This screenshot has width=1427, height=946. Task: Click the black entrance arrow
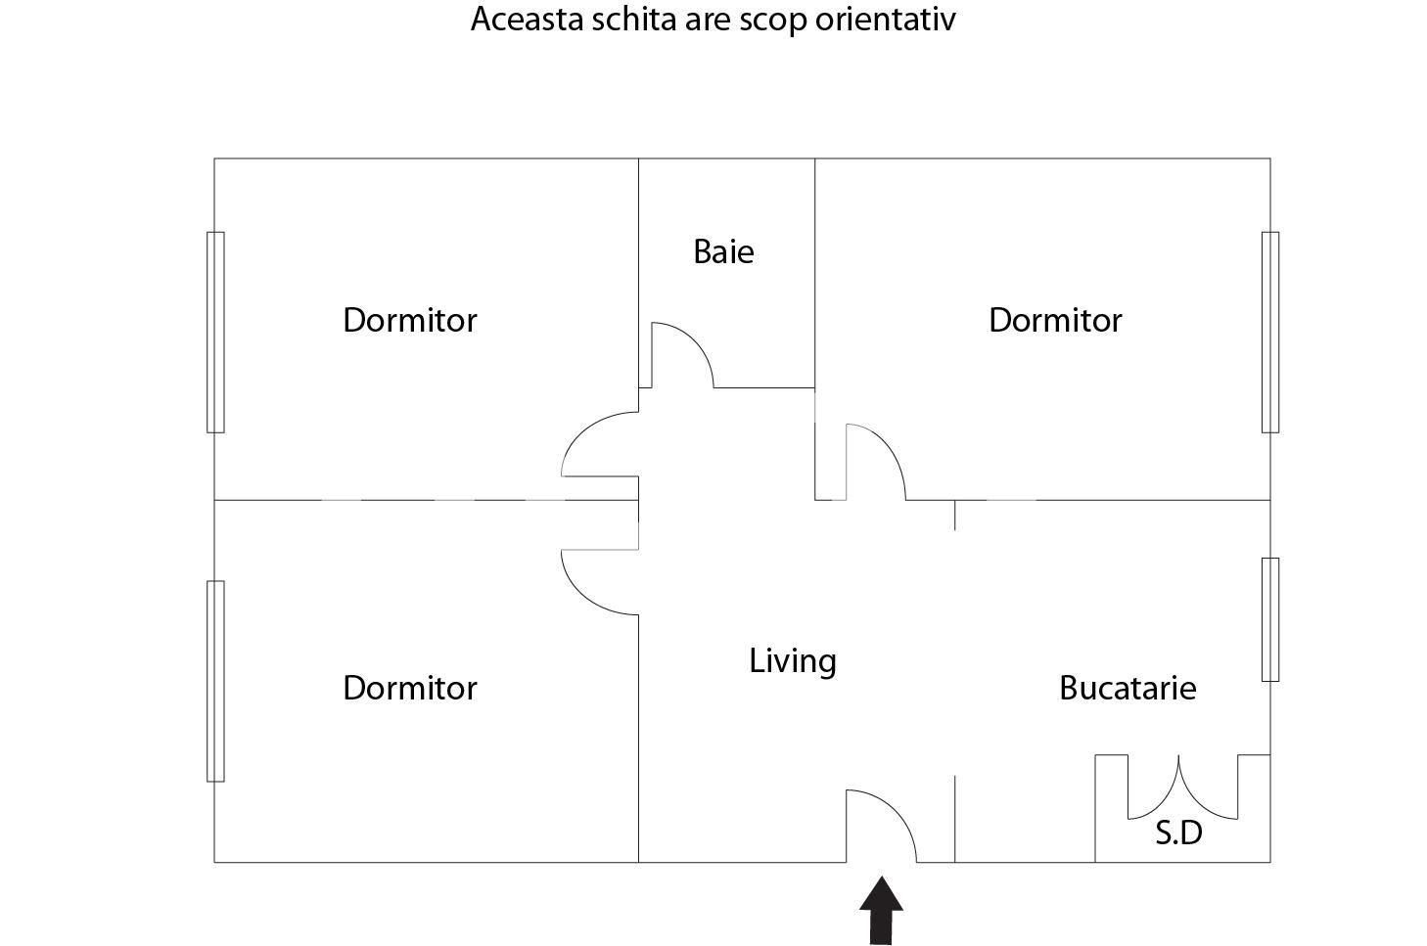(x=881, y=911)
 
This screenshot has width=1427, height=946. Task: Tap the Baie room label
(x=723, y=251)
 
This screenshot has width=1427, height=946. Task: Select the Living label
(x=793, y=660)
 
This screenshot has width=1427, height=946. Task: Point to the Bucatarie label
(x=1128, y=688)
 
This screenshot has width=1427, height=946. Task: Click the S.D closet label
(x=1178, y=833)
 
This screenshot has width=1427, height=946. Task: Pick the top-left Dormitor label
(x=410, y=320)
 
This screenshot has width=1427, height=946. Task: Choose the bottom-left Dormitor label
(x=410, y=688)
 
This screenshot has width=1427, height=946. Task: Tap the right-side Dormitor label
(x=1055, y=320)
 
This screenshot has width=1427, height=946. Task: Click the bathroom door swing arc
(x=697, y=343)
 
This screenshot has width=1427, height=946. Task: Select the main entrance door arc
(x=898, y=811)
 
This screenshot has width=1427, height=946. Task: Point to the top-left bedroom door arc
(x=581, y=431)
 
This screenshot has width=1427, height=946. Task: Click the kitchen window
(x=1269, y=619)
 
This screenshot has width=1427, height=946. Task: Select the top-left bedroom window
(x=215, y=333)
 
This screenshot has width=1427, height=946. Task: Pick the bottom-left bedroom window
(x=215, y=681)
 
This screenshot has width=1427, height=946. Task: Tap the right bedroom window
(x=1269, y=333)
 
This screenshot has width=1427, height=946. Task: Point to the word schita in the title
(x=634, y=20)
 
